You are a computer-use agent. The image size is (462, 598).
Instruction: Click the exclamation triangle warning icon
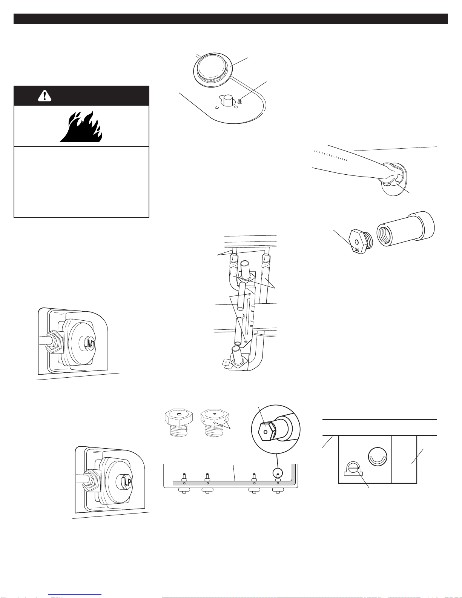pos(45,96)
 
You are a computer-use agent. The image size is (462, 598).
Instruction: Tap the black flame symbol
pos(81,127)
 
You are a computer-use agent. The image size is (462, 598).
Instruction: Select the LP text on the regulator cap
pos(128,482)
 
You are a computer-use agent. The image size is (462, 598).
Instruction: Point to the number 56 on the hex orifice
pos(357,250)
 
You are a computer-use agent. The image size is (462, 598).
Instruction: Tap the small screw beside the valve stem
pos(239,101)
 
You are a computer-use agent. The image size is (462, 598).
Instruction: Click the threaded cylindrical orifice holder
pos(406,229)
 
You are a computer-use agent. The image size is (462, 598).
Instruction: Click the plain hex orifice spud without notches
pos(179,423)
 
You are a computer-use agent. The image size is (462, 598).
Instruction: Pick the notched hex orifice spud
pos(215,423)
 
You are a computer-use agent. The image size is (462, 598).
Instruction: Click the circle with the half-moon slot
pos(378,457)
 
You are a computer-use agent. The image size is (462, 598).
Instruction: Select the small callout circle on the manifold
pos(278,473)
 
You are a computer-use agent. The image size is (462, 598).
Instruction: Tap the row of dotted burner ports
pos(330,155)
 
